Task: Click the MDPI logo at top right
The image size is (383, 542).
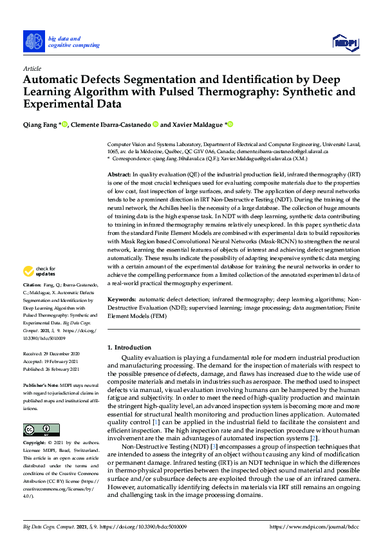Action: click(x=344, y=42)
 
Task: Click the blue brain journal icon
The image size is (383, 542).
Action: click(x=34, y=42)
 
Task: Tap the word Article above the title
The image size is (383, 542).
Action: click(x=32, y=68)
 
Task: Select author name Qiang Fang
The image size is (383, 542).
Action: click(x=41, y=124)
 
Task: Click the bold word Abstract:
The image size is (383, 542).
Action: click(x=119, y=174)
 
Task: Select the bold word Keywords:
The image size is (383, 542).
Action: click(x=121, y=299)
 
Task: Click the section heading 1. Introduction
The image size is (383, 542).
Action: click(x=129, y=348)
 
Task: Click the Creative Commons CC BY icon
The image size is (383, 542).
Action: click(x=37, y=430)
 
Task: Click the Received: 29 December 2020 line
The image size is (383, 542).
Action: click(x=51, y=355)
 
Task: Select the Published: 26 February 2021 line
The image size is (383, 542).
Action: click(x=51, y=369)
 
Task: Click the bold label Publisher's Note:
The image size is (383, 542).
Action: click(x=41, y=384)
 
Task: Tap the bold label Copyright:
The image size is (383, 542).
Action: click(x=35, y=444)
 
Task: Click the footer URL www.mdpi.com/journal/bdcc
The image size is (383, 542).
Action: click(x=317, y=527)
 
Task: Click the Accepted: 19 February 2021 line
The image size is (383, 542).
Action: click(x=51, y=362)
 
